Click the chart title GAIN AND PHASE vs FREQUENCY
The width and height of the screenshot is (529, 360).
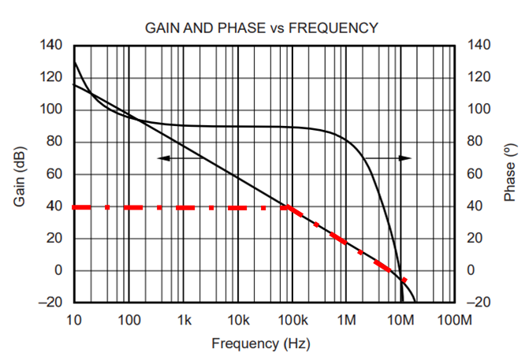coord(261,28)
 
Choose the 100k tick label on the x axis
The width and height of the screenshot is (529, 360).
coord(292,321)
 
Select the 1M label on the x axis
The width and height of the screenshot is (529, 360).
coord(347,321)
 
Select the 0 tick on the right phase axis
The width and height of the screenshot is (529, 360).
coord(471,271)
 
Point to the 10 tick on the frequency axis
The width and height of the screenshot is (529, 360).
coord(74,321)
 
